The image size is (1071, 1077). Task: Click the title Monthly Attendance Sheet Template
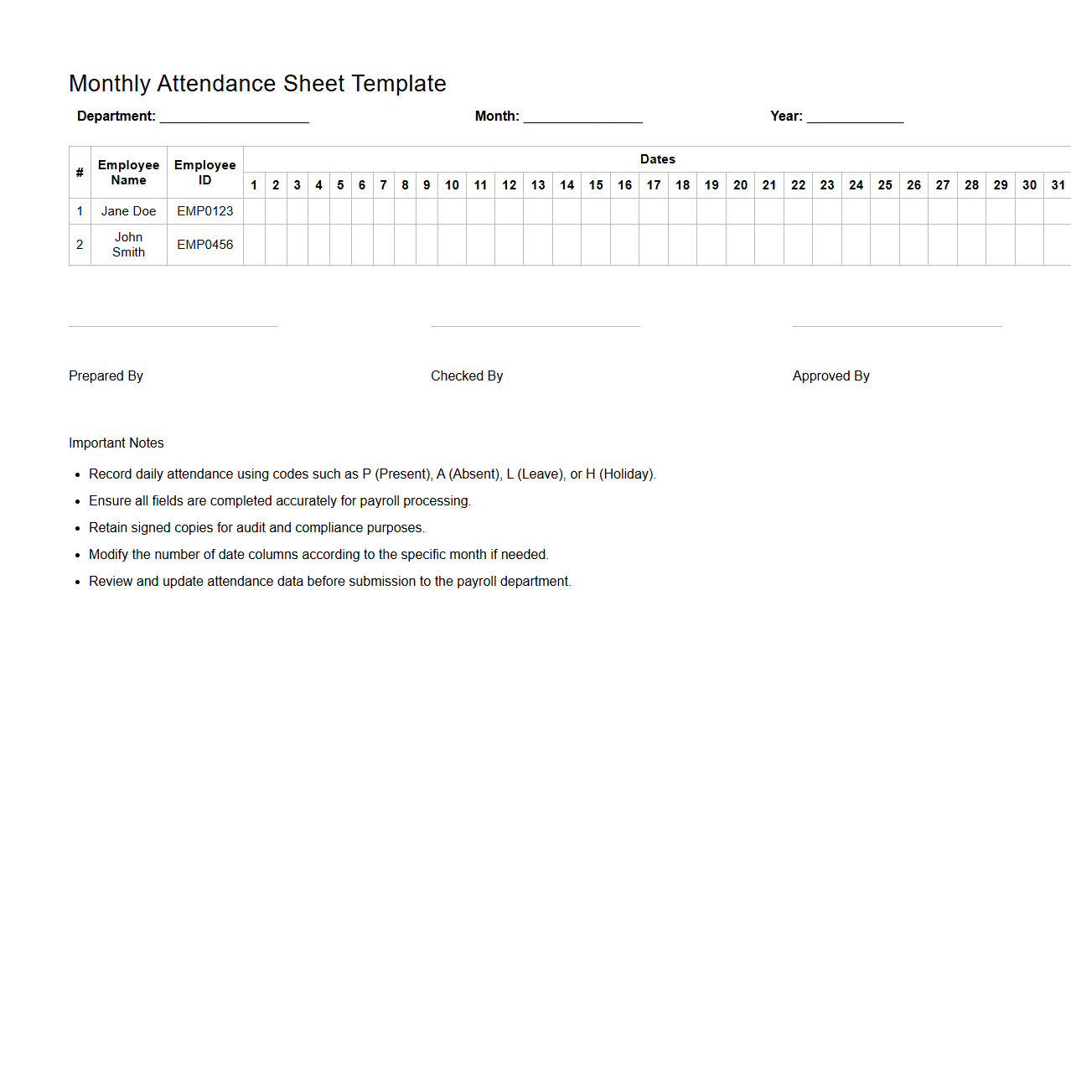click(257, 84)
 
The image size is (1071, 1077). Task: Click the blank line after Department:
click(234, 117)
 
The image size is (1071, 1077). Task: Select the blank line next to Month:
click(582, 117)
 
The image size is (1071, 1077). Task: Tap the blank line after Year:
click(855, 117)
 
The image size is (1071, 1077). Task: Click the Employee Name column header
click(128, 173)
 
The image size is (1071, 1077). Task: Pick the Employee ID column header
click(204, 173)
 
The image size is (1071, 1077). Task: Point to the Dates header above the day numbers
click(657, 159)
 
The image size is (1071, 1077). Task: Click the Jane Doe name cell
click(128, 211)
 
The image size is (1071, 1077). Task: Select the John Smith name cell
click(128, 245)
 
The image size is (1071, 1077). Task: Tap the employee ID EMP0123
click(204, 211)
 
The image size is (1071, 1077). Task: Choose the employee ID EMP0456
click(204, 245)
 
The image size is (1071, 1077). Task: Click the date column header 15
click(596, 185)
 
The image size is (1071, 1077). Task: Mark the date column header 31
click(1058, 185)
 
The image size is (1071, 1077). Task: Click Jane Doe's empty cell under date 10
click(452, 211)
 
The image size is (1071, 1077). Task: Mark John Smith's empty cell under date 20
click(740, 245)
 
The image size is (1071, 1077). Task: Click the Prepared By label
click(106, 376)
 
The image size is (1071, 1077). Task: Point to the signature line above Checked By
click(535, 326)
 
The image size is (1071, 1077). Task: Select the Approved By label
click(830, 376)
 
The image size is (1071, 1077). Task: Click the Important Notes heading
click(116, 443)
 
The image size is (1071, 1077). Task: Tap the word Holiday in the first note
click(626, 474)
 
